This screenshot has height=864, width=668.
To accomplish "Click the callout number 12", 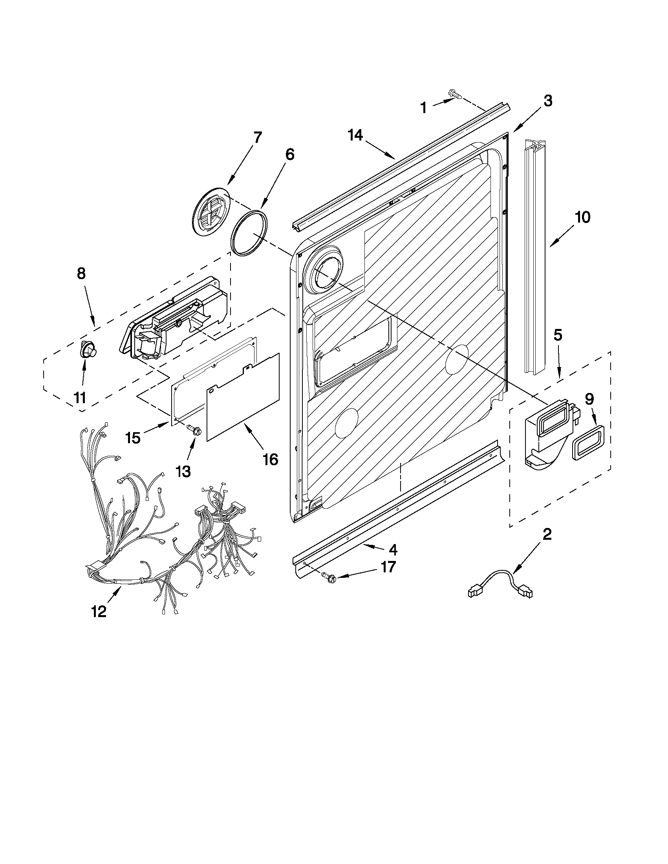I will [99, 612].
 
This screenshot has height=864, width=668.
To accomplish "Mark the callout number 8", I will [81, 274].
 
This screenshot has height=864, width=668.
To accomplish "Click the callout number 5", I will [557, 335].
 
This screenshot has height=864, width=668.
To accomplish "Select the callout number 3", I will [547, 102].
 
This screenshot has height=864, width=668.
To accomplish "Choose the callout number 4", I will [392, 550].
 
